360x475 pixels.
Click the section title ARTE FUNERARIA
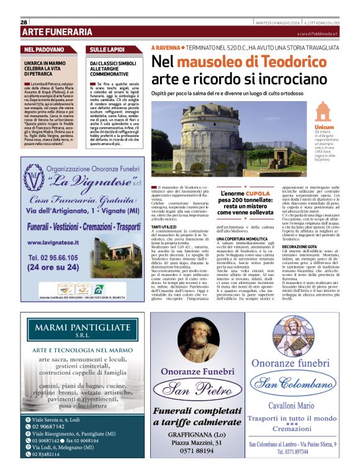coord(57,32)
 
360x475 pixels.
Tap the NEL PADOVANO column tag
coord(43,49)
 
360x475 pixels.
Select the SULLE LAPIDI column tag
coord(107,49)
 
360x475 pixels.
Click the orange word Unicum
coord(324,127)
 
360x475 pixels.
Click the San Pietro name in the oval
coord(196,390)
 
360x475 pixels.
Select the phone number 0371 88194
coord(196,450)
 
